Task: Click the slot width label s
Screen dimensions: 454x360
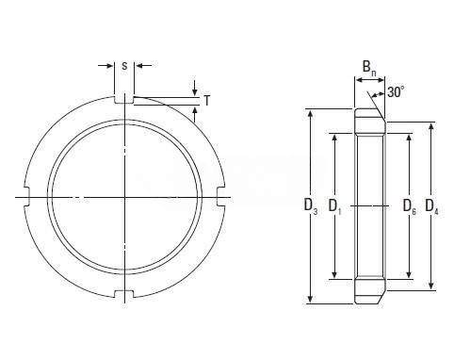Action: coord(124,66)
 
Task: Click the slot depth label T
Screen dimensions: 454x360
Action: coord(206,101)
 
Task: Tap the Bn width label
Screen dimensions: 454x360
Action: coord(369,68)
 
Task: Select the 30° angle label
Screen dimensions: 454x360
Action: coord(396,92)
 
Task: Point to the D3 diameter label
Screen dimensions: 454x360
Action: coord(311,206)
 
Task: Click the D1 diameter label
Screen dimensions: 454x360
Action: coord(334,206)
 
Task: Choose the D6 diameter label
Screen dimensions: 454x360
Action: coord(410,206)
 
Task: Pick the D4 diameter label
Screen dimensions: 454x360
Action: coord(431,206)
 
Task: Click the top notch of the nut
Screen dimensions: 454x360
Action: coord(123,99)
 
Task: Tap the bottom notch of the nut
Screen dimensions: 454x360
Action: coord(123,294)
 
